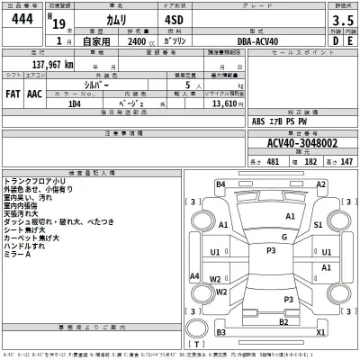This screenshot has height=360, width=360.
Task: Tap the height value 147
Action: tap(345, 165)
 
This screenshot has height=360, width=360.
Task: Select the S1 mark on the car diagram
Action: tap(318, 225)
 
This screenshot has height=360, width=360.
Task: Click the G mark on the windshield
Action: tap(283, 237)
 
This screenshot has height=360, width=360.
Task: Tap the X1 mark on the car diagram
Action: tap(321, 331)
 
